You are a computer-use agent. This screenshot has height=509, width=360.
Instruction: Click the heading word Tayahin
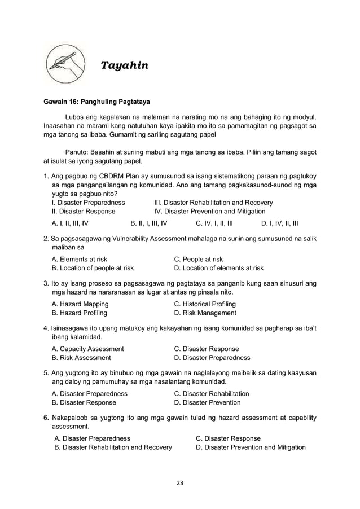[x=124, y=66]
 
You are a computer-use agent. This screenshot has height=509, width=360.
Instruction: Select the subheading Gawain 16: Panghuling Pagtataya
[x=96, y=103]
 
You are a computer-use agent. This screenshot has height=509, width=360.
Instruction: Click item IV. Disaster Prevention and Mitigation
[x=209, y=212]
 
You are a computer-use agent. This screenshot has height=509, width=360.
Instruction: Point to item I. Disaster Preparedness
[x=89, y=203]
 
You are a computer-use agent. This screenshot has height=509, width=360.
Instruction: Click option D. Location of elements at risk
[x=219, y=268]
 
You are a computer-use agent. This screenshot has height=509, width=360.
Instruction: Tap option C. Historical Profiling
[x=205, y=304]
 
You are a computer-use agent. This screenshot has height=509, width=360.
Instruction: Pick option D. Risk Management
[x=205, y=313]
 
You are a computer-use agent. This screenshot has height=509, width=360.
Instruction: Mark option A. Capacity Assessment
[x=87, y=349]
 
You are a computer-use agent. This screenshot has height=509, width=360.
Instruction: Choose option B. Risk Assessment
[x=81, y=358]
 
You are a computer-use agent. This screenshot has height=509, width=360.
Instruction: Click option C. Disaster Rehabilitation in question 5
[x=212, y=393]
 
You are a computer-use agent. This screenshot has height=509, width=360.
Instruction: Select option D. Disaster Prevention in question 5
[x=207, y=402]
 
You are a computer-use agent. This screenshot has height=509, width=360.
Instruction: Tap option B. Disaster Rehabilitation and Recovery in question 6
[x=113, y=447]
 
